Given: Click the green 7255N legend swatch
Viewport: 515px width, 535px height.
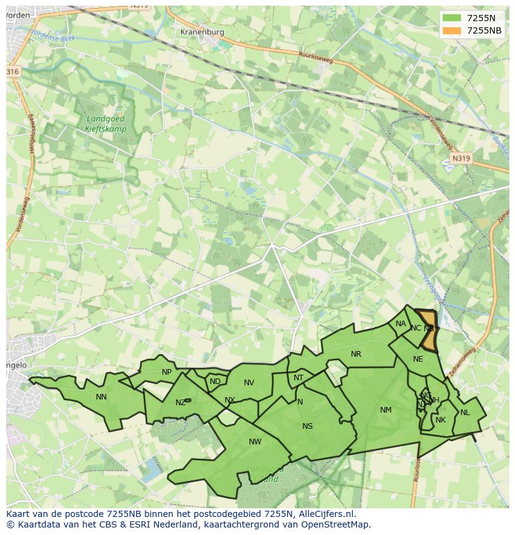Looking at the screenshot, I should tap(452, 18).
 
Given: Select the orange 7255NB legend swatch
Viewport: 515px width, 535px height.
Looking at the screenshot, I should tap(452, 30).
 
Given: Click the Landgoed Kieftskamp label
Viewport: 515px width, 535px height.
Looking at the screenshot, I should tap(105, 124).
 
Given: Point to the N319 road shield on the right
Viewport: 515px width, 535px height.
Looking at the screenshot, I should tap(461, 158).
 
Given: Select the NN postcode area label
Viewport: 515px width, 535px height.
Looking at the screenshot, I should tap(101, 396).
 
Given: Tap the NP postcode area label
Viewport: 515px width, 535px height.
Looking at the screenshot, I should tap(167, 372).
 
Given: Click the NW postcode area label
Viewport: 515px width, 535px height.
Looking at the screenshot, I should tap(255, 442).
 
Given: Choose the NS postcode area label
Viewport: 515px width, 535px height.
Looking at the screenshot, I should tap(307, 426).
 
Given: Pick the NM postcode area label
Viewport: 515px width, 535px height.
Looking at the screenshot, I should tap(386, 409).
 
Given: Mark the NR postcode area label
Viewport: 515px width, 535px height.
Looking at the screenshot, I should tap(356, 354).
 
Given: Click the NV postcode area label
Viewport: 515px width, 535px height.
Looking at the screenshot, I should tap(249, 382).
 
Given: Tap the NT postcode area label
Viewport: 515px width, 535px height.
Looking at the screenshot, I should tap(299, 378).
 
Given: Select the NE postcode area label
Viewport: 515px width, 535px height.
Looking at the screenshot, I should tap(418, 359).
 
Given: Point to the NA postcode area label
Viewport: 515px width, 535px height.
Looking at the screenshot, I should tap(401, 324).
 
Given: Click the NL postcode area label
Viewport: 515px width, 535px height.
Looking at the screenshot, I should tap(465, 412).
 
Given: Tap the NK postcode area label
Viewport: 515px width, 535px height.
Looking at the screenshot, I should tap(440, 420).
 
